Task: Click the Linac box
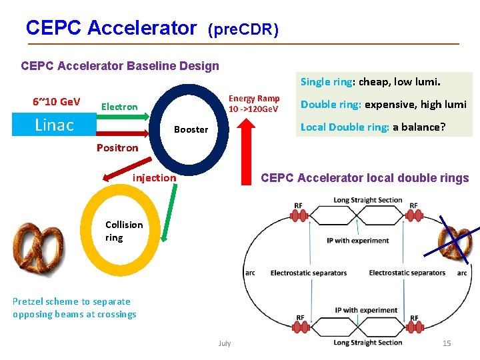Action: (x=54, y=125)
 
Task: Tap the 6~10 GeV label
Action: (x=56, y=102)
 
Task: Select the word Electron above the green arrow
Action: (x=119, y=107)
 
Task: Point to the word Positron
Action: (x=117, y=147)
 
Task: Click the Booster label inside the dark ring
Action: (x=191, y=129)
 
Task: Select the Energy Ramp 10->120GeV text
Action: (x=254, y=103)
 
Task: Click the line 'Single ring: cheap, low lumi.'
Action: (x=370, y=82)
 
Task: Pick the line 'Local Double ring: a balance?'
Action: (x=373, y=127)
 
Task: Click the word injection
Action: (x=155, y=177)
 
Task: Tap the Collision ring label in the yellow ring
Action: (x=124, y=231)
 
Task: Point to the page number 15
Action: (x=447, y=343)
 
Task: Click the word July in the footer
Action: (x=225, y=343)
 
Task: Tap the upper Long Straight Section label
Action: (x=368, y=200)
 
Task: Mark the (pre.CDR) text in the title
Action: (x=243, y=30)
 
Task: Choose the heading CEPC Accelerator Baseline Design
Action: (x=120, y=65)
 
